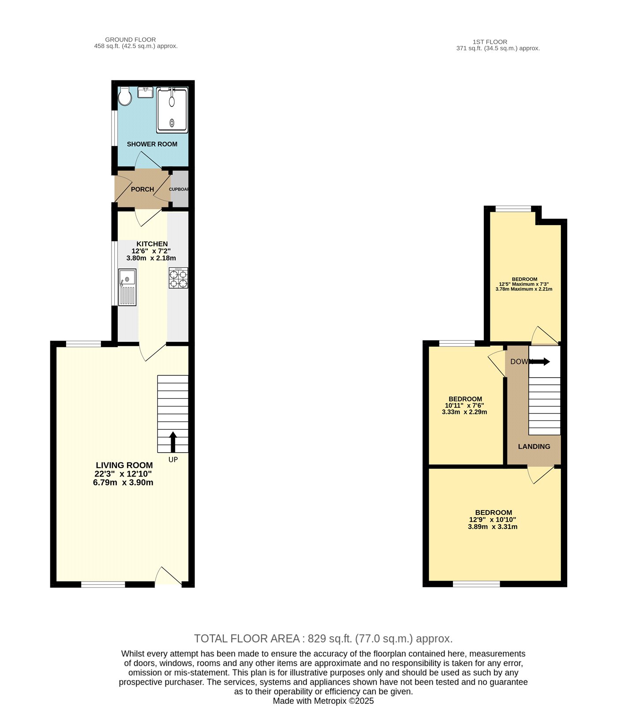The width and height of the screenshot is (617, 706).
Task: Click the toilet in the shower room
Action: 125,97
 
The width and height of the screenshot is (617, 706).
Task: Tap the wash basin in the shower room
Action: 145,93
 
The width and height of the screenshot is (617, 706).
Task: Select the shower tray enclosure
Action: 172,110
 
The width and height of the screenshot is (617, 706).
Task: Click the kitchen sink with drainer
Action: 127,287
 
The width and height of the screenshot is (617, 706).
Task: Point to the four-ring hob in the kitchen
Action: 178,278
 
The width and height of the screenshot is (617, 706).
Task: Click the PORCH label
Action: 142,189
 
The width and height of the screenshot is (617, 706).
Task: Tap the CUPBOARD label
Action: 179,189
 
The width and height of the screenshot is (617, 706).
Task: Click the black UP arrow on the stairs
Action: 173,442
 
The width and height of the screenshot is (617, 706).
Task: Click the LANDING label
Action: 534,447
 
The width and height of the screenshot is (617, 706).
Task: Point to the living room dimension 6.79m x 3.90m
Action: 123,482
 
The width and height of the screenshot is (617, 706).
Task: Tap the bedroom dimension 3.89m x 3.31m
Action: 493,526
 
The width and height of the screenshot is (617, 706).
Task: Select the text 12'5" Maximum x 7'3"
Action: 524,284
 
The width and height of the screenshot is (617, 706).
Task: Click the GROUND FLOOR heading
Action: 130,40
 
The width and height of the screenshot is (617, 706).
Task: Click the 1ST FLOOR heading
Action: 490,42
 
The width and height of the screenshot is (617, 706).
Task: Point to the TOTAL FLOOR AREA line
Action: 323,638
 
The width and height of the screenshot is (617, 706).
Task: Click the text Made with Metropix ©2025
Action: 323,701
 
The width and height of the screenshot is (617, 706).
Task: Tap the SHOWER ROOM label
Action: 152,144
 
